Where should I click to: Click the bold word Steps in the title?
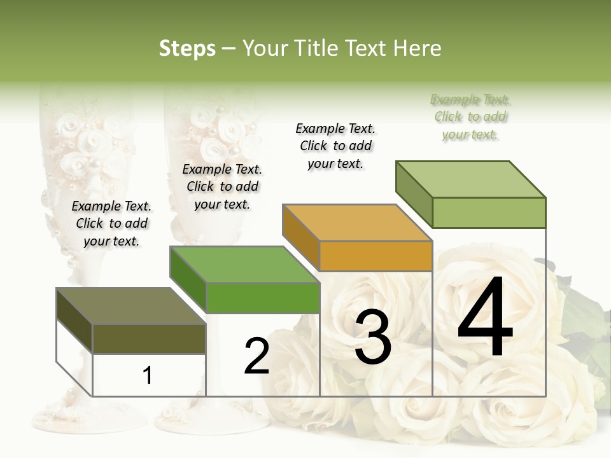click(x=187, y=48)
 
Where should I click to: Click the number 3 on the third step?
click(x=373, y=338)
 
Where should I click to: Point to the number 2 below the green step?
click(x=256, y=357)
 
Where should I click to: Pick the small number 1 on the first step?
click(x=148, y=376)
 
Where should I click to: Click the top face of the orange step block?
click(x=356, y=223)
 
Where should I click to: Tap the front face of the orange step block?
click(x=376, y=256)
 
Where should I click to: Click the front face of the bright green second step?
click(x=262, y=298)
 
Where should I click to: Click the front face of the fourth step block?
click(x=489, y=212)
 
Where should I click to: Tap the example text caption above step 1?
click(x=111, y=223)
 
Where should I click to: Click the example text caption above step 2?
click(x=222, y=186)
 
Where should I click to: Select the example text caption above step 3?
click(x=335, y=146)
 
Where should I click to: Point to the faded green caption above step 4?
click(x=470, y=116)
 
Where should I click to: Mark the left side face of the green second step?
click(x=188, y=279)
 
